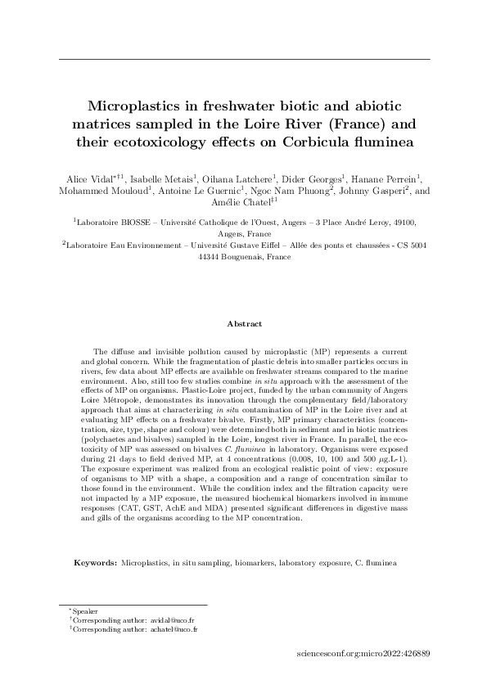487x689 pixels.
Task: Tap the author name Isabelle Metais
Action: coord(161,179)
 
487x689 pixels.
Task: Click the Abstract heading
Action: coord(244,324)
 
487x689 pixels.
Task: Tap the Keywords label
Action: coord(96,563)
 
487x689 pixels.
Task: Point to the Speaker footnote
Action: coord(84,612)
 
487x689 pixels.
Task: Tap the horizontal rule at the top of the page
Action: coord(244,59)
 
